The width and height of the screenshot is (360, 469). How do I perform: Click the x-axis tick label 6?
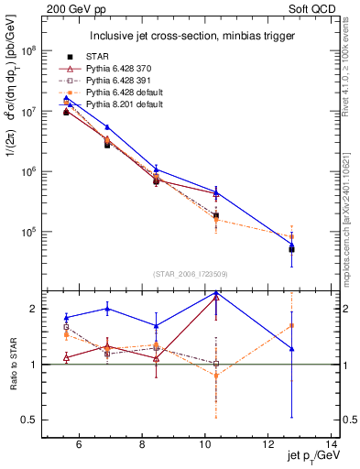(79, 446)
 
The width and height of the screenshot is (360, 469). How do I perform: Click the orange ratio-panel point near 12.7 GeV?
(291, 325)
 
